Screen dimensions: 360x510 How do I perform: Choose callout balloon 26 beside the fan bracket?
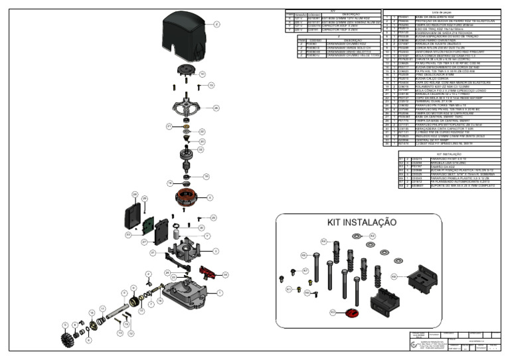pos(216,107)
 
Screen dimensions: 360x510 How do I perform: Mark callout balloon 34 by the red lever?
pos(225,274)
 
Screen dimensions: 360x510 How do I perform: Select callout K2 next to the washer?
pos(373,236)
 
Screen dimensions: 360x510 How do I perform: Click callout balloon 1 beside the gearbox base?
pos(220,292)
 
